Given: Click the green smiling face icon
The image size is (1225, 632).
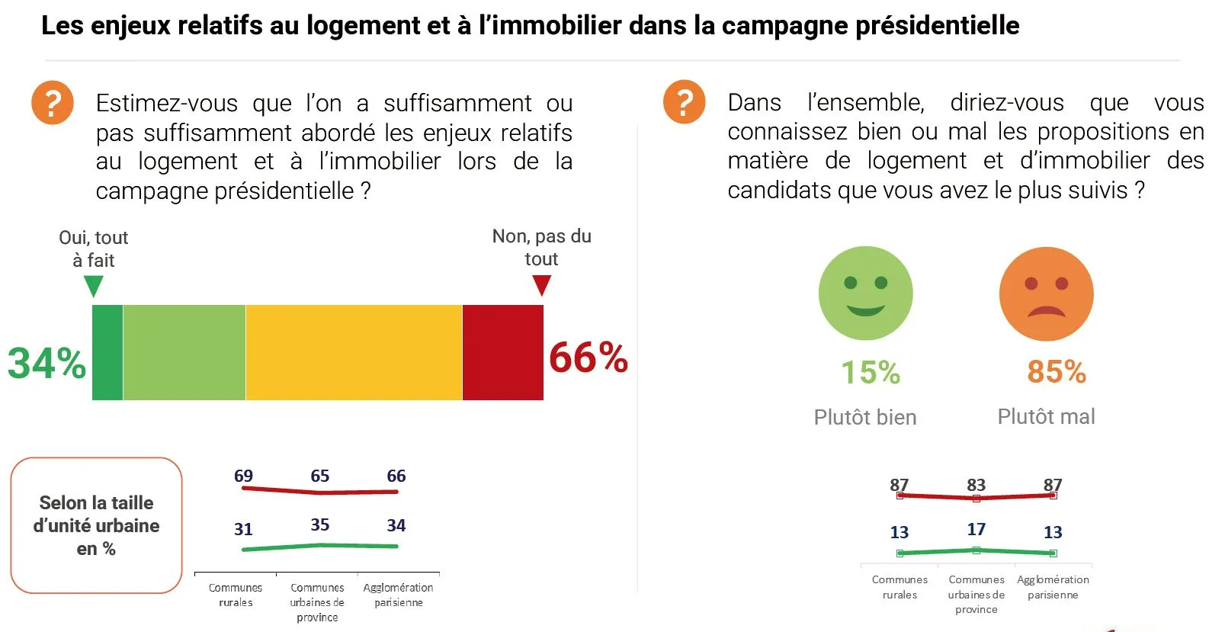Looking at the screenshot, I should (x=865, y=293).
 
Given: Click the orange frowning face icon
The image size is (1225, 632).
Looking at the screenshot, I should (x=1046, y=294).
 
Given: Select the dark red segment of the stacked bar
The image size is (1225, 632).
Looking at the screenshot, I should (x=502, y=352).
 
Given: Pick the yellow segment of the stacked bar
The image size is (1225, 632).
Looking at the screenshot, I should (x=354, y=352).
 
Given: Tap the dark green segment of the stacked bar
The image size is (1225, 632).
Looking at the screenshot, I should (x=107, y=352).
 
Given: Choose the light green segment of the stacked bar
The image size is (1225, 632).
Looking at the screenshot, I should (x=184, y=352).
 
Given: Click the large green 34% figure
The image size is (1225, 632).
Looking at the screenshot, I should (x=46, y=363).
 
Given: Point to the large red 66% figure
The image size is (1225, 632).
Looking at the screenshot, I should (x=588, y=358).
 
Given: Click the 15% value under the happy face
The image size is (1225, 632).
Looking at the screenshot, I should (x=871, y=373).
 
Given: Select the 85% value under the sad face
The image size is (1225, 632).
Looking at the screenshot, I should (x=1057, y=372).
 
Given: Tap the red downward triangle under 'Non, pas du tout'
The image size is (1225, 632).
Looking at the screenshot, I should (x=541, y=285).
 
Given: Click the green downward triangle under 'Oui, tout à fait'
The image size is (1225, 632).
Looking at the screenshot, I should (x=94, y=287).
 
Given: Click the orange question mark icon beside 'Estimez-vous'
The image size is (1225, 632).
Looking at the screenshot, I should (x=53, y=103).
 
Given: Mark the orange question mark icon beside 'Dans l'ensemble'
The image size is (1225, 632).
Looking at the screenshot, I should (x=685, y=102).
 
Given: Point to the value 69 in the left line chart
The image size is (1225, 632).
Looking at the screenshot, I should (x=243, y=476).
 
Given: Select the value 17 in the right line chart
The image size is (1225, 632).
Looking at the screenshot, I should (x=976, y=529).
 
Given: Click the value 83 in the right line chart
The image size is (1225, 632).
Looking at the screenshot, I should (x=976, y=485).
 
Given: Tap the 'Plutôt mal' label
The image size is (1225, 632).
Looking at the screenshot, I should (x=1046, y=416).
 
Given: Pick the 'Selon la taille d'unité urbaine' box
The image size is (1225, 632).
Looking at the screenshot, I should (x=97, y=525).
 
